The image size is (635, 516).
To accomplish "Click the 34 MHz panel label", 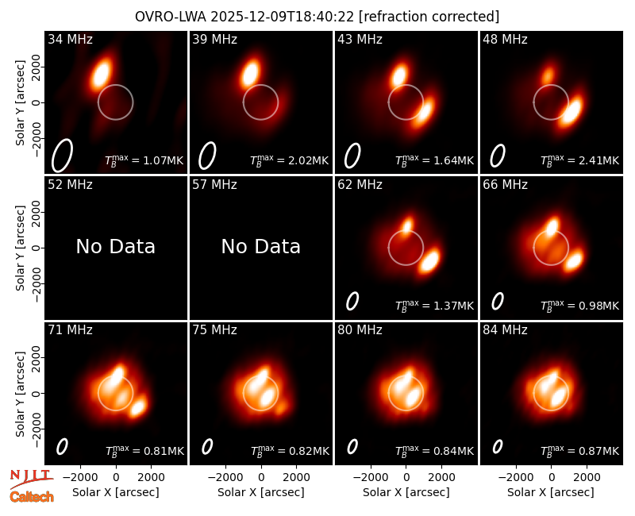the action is click(x=70, y=39).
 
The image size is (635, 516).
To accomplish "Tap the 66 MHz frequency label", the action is click(x=505, y=185).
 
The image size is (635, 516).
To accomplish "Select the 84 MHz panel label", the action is click(x=505, y=330).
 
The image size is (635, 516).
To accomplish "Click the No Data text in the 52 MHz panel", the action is click(x=116, y=246).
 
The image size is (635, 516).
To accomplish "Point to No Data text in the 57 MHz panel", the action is click(x=261, y=246).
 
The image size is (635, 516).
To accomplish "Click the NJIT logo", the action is click(x=31, y=479).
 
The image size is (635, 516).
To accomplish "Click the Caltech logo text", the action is click(x=32, y=497).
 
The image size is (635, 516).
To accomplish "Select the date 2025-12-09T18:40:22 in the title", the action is click(x=283, y=17).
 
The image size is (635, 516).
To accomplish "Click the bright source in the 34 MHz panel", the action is click(x=101, y=73).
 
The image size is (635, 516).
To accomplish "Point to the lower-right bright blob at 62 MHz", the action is click(x=429, y=261).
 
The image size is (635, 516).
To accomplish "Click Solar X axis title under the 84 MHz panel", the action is click(x=551, y=492).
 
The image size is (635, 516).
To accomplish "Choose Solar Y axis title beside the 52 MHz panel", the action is click(x=20, y=248).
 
